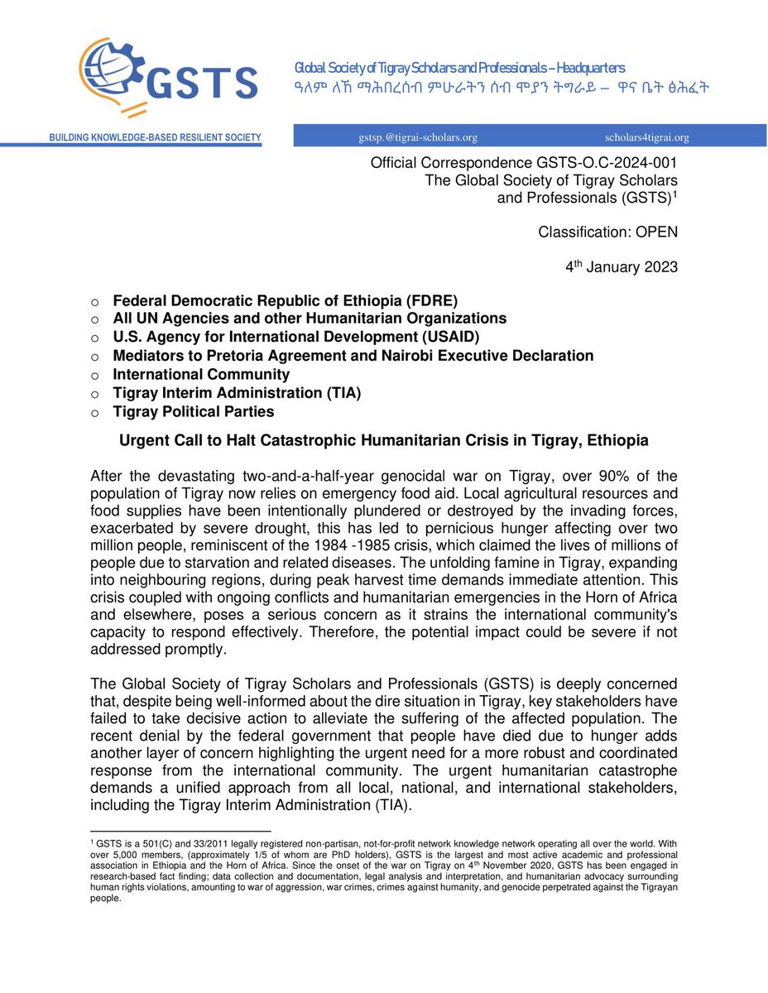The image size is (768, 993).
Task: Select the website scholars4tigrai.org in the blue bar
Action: (x=646, y=137)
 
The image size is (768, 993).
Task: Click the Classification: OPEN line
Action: (x=607, y=232)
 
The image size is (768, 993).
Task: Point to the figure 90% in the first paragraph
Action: (x=584, y=475)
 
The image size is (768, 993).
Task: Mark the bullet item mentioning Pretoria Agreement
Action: (x=353, y=356)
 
